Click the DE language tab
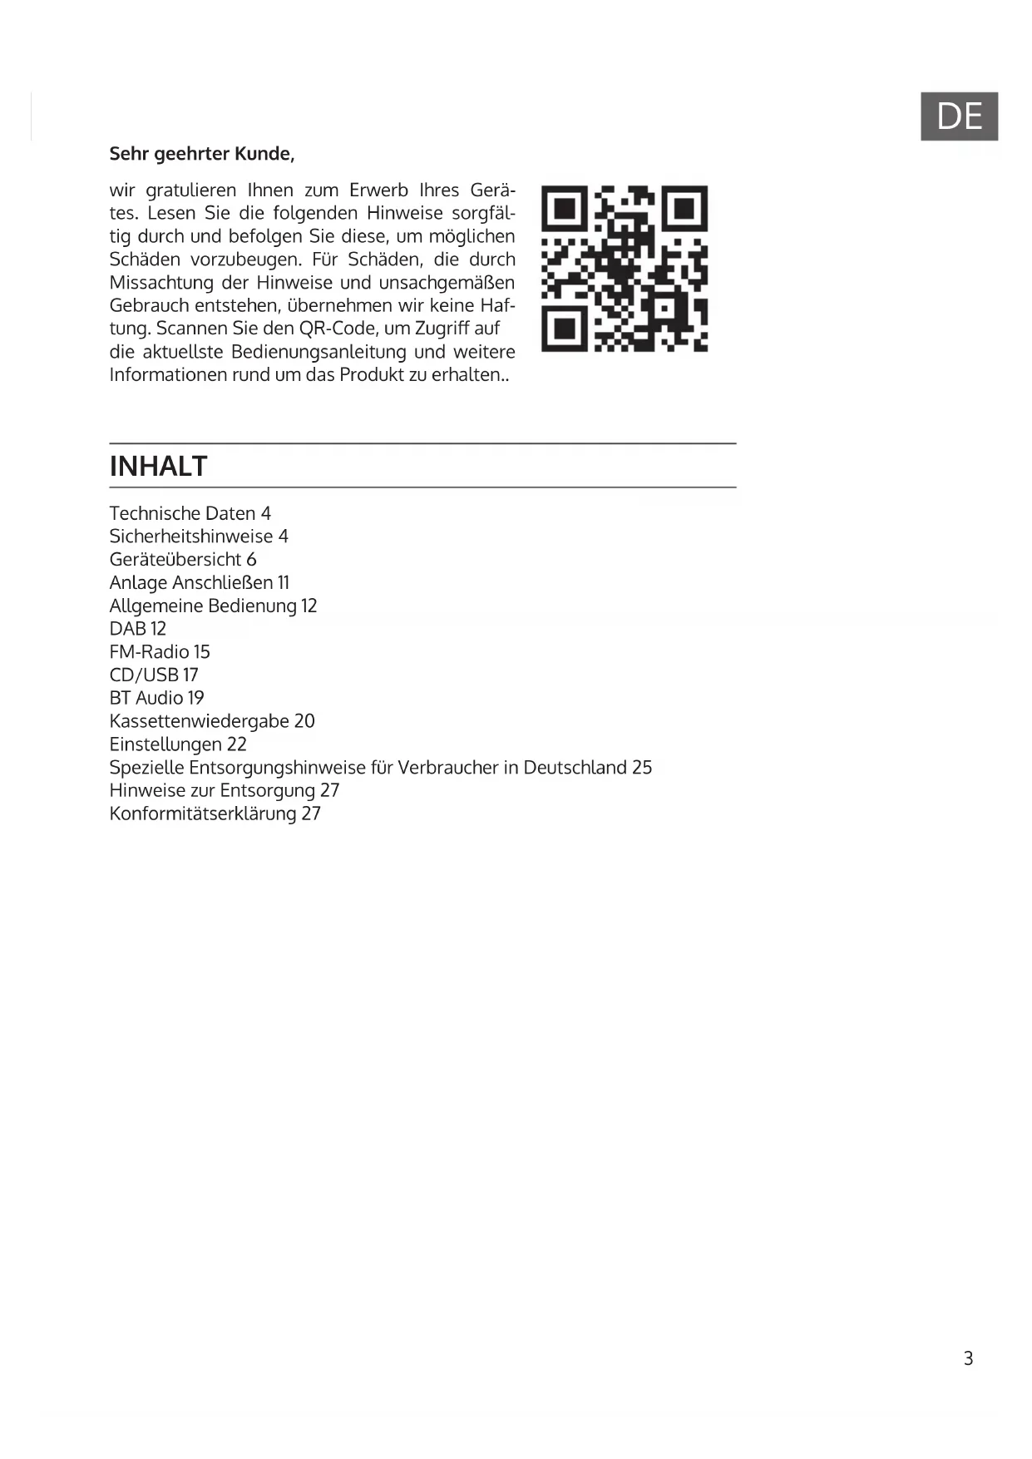click(959, 116)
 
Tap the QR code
click(624, 268)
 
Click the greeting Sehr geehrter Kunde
click(202, 154)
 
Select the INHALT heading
click(158, 466)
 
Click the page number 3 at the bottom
click(968, 1358)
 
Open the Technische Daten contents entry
click(190, 513)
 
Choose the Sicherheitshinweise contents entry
click(199, 537)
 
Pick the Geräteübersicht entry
click(183, 560)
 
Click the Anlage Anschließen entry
click(200, 583)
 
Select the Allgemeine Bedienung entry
click(213, 606)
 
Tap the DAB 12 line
click(138, 629)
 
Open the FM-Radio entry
click(160, 652)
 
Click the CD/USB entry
click(154, 675)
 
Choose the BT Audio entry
click(156, 698)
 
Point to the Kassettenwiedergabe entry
click(212, 721)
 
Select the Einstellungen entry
click(178, 744)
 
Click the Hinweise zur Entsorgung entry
click(225, 790)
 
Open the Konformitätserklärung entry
click(215, 814)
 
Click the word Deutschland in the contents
click(575, 767)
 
